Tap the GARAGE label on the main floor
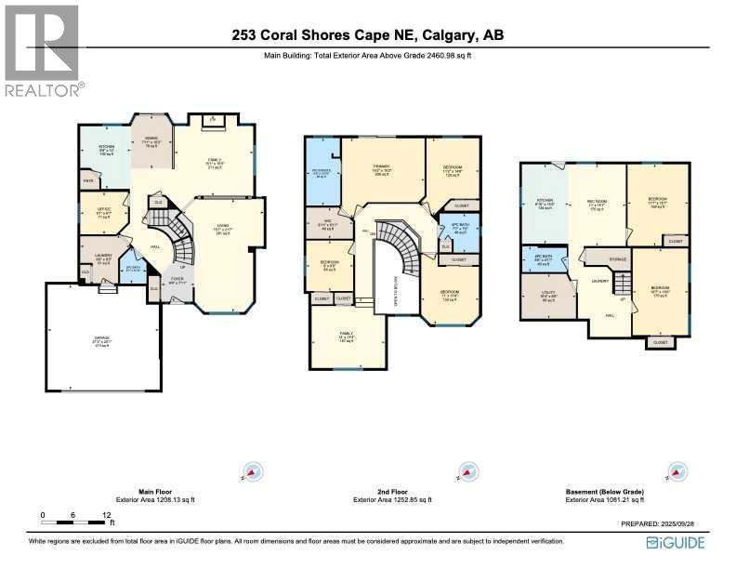click(x=102, y=341)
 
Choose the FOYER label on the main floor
click(x=177, y=279)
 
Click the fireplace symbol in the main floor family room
click(x=212, y=119)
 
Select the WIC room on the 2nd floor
click(x=329, y=224)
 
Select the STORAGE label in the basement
click(x=617, y=260)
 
